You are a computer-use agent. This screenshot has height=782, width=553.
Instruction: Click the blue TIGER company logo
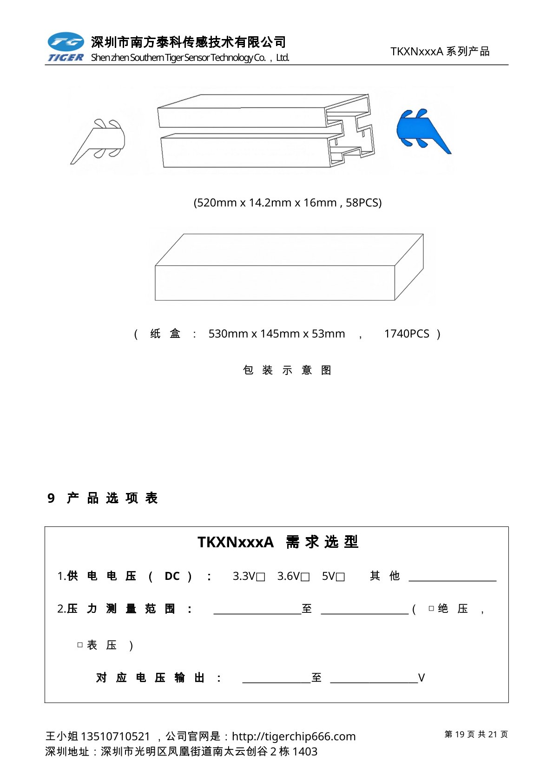click(x=66, y=46)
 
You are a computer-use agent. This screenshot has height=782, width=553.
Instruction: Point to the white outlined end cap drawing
click(x=100, y=140)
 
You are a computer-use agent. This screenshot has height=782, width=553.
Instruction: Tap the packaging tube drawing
click(x=266, y=131)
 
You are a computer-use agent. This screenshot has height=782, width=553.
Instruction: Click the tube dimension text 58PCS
click(x=363, y=203)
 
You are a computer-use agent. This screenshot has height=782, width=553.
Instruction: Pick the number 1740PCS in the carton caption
click(x=407, y=334)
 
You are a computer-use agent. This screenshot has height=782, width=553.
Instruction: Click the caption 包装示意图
click(x=287, y=370)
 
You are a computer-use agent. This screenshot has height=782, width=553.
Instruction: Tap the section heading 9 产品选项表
click(x=103, y=498)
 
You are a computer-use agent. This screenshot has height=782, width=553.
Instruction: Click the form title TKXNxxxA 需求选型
click(x=277, y=542)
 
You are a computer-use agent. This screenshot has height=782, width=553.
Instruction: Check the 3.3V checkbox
click(x=261, y=577)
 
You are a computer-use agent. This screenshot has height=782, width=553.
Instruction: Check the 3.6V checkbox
click(x=305, y=577)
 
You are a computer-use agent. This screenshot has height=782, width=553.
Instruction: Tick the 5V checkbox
click(x=340, y=577)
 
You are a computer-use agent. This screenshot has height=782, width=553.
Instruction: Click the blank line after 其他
click(x=452, y=577)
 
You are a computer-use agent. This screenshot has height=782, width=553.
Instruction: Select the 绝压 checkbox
click(x=431, y=608)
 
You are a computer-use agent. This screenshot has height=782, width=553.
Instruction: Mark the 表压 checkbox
click(x=80, y=645)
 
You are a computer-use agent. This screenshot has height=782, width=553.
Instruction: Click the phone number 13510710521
click(x=115, y=736)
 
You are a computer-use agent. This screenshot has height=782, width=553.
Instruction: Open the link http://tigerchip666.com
click(x=293, y=736)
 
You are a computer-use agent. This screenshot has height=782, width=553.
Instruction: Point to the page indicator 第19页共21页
click(x=476, y=734)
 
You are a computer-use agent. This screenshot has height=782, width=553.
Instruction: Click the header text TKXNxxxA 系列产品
click(x=440, y=52)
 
